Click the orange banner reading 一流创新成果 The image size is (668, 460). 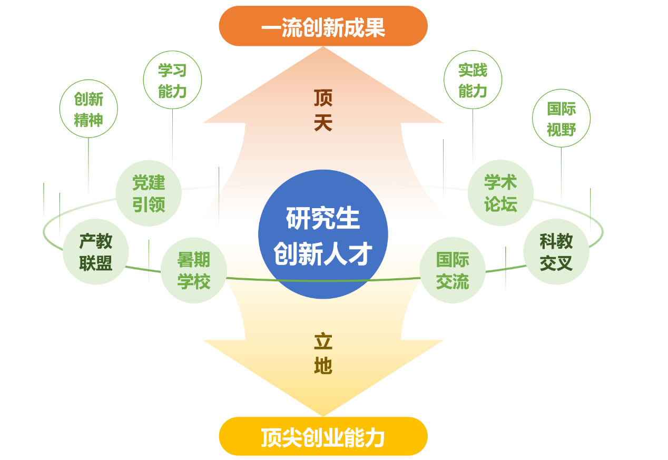point(323,26)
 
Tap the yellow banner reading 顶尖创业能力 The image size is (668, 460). point(323,437)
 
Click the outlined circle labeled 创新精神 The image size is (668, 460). point(89,109)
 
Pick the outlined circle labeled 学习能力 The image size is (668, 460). point(172,80)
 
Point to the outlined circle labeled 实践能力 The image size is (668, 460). point(473,80)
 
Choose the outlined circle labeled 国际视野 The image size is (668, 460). point(561,119)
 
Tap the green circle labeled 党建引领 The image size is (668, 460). point(149,193)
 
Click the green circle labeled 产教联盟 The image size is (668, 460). point(95,252)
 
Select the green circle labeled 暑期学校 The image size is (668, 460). point(193,270)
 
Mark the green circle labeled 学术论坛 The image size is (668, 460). point(500,193)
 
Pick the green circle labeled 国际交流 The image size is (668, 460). point(453,270)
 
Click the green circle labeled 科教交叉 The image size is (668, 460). point(556,252)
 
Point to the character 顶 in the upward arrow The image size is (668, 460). point(323,97)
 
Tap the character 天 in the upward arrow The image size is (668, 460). point(323,123)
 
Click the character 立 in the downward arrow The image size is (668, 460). point(323,341)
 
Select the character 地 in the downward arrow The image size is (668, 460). point(323,366)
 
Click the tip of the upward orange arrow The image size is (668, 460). point(323,48)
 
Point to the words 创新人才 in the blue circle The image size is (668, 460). point(323,255)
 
